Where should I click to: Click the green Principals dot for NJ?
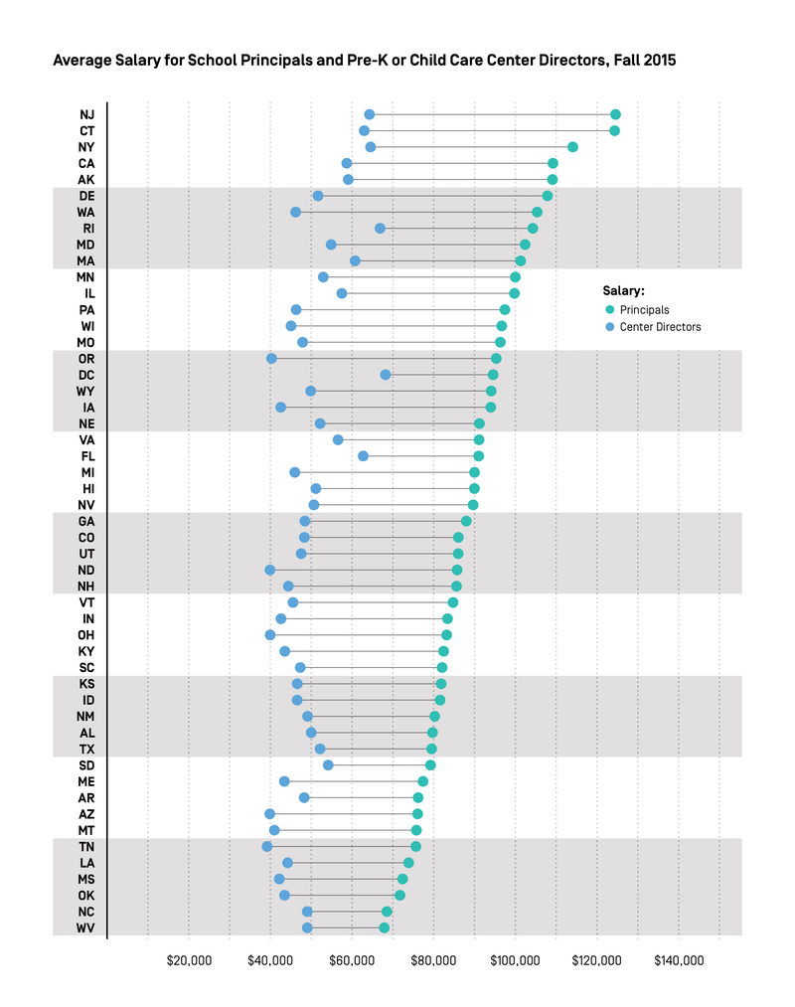tap(615, 114)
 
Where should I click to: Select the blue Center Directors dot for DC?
tap(386, 375)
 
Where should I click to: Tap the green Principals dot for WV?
tap(385, 928)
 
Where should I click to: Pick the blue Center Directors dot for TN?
tap(267, 847)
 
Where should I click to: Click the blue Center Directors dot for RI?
tap(380, 229)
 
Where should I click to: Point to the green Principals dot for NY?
tap(572, 147)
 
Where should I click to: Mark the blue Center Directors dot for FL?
tap(363, 456)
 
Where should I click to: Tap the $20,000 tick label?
tap(189, 961)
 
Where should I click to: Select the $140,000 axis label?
tap(679, 961)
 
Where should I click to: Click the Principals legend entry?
tap(644, 310)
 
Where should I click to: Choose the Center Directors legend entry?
tap(660, 327)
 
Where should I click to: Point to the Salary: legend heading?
tap(623, 291)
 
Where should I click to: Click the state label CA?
tap(86, 163)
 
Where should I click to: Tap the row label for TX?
tap(86, 750)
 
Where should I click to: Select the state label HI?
tap(88, 489)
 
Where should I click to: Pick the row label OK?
tap(86, 896)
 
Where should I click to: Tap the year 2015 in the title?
tap(658, 61)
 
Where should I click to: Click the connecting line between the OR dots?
tap(384, 359)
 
